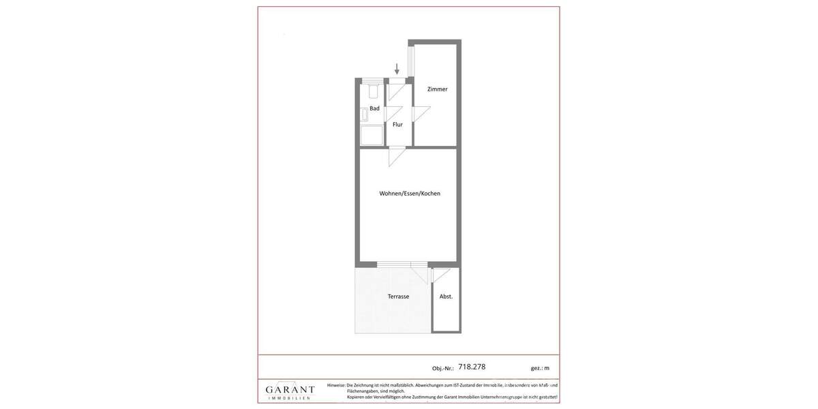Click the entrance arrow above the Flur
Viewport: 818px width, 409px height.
397,69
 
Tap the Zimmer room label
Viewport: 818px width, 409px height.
437,89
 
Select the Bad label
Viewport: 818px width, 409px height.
374,108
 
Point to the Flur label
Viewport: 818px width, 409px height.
397,125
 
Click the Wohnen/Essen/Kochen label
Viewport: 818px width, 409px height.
410,194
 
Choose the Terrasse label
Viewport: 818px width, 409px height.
398,297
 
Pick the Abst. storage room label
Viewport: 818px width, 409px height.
446,297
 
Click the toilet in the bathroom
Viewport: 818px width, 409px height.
373,91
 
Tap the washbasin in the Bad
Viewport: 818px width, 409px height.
364,115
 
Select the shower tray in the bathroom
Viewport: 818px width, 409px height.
371,135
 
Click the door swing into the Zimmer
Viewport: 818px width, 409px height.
421,114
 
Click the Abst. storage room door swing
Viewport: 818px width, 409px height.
440,275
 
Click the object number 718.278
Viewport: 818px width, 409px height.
472,367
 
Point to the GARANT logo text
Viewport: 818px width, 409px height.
290,390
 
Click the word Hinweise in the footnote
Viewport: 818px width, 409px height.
336,386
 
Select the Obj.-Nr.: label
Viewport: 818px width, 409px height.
442,368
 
